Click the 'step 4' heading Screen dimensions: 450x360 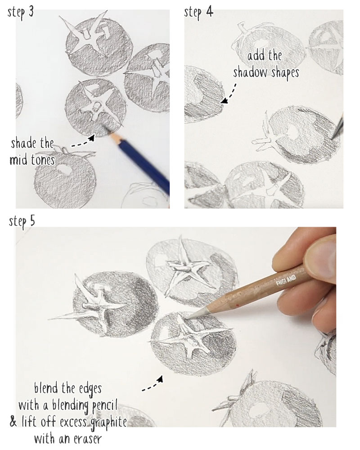point(198,12)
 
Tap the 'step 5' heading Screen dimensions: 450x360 point(22,222)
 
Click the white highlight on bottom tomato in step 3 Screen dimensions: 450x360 point(63,171)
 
